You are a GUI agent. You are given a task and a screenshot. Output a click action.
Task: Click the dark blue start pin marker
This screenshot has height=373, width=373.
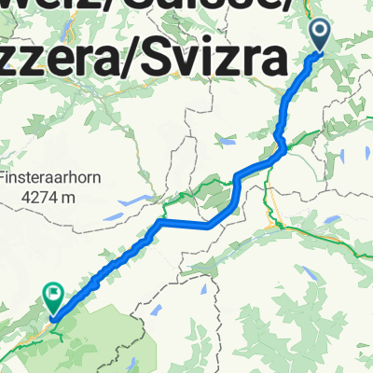(320, 36)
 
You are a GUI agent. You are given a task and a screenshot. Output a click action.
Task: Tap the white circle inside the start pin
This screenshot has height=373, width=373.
(320, 33)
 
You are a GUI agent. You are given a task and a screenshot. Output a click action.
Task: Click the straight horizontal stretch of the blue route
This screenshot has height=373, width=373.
(186, 224)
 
